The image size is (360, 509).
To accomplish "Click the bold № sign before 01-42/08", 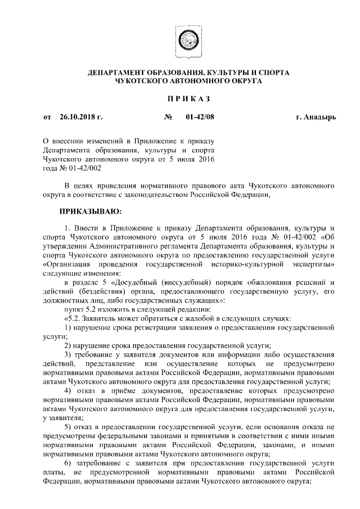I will coord(168,118).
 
